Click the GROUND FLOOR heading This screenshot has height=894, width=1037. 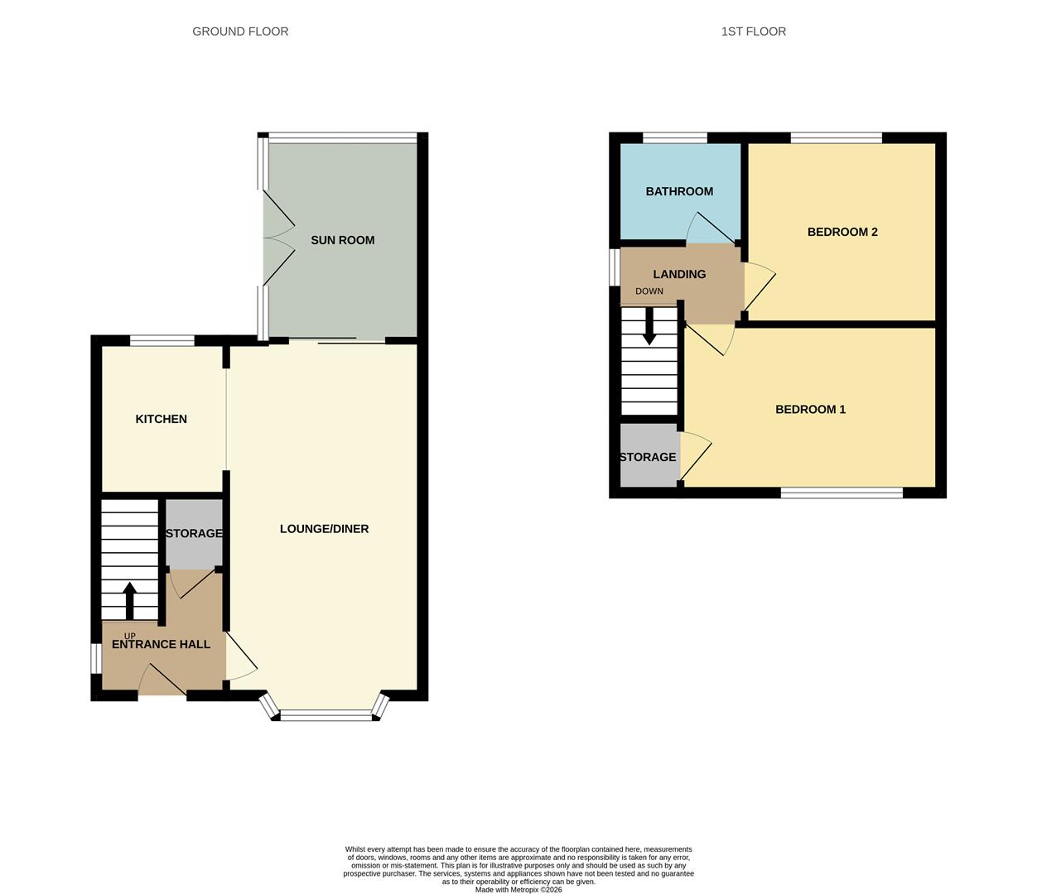click(x=240, y=31)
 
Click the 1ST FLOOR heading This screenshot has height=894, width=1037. click(x=753, y=31)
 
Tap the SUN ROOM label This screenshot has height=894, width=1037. click(x=342, y=240)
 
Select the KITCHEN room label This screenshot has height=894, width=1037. click(x=161, y=419)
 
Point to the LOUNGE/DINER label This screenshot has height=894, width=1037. click(x=324, y=529)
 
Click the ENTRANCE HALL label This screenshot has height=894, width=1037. click(x=161, y=644)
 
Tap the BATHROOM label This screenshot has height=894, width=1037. click(x=679, y=191)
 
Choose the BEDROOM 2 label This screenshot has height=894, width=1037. click(x=842, y=232)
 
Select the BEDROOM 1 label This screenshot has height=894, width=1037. click(x=810, y=409)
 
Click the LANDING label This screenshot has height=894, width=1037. click(x=679, y=274)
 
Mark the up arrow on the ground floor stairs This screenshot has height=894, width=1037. click(x=129, y=600)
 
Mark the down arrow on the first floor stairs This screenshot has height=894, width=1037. click(x=649, y=326)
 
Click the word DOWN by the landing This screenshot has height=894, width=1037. click(x=649, y=291)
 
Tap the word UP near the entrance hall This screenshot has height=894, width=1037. click(x=129, y=636)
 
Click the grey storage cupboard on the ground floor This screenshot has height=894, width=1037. click(x=194, y=534)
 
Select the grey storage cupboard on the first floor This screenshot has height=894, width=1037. click(x=649, y=456)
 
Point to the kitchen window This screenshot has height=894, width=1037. click(x=162, y=339)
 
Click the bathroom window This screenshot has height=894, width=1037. click(x=675, y=137)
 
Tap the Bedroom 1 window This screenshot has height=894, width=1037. click(x=842, y=493)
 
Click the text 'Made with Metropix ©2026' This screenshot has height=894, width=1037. click(x=518, y=890)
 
